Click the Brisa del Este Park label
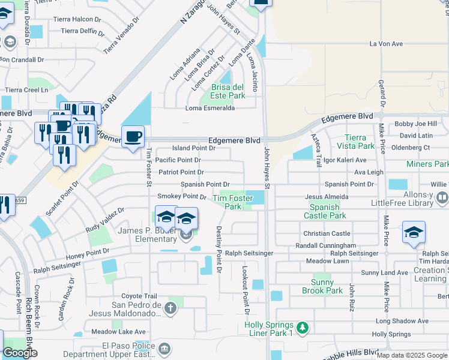[x=228, y=91]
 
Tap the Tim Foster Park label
[x=228, y=202]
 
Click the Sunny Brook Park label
[x=327, y=286]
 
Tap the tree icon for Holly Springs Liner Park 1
[x=303, y=327]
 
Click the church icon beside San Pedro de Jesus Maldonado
[x=170, y=308]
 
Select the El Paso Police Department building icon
[x=164, y=348]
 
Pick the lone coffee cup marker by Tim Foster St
[x=133, y=136]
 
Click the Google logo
[x=20, y=352]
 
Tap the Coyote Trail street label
[x=139, y=296]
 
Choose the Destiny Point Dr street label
[x=219, y=250]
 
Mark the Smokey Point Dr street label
[x=181, y=196]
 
